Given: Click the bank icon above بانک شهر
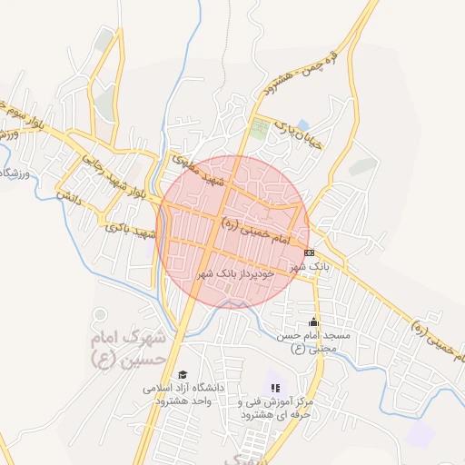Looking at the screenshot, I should [x=310, y=252].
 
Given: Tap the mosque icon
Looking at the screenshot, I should [x=314, y=322].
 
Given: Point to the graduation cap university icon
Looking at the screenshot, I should [x=183, y=375].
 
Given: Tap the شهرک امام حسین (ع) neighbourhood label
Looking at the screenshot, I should [x=130, y=349].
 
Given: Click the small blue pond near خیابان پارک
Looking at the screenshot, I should [x=302, y=124].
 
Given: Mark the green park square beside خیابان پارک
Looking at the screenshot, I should [x=261, y=128].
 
